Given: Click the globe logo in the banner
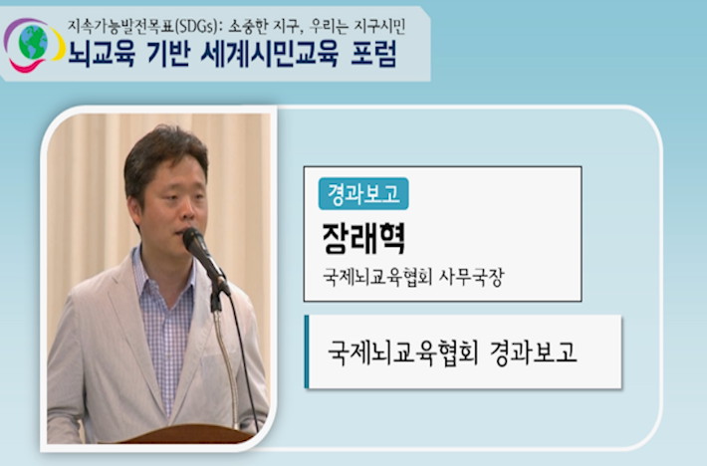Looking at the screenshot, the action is click(x=34, y=44).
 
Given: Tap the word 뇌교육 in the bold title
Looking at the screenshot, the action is click(x=102, y=54).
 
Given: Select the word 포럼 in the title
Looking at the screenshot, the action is click(x=373, y=54).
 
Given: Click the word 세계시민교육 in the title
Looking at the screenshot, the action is click(x=269, y=54).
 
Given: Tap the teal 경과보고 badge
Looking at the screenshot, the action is click(x=363, y=194).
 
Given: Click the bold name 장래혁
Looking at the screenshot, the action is click(x=363, y=238).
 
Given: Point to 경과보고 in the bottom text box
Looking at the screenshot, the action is click(x=534, y=352).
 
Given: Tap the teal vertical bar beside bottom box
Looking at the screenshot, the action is click(x=307, y=351).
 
